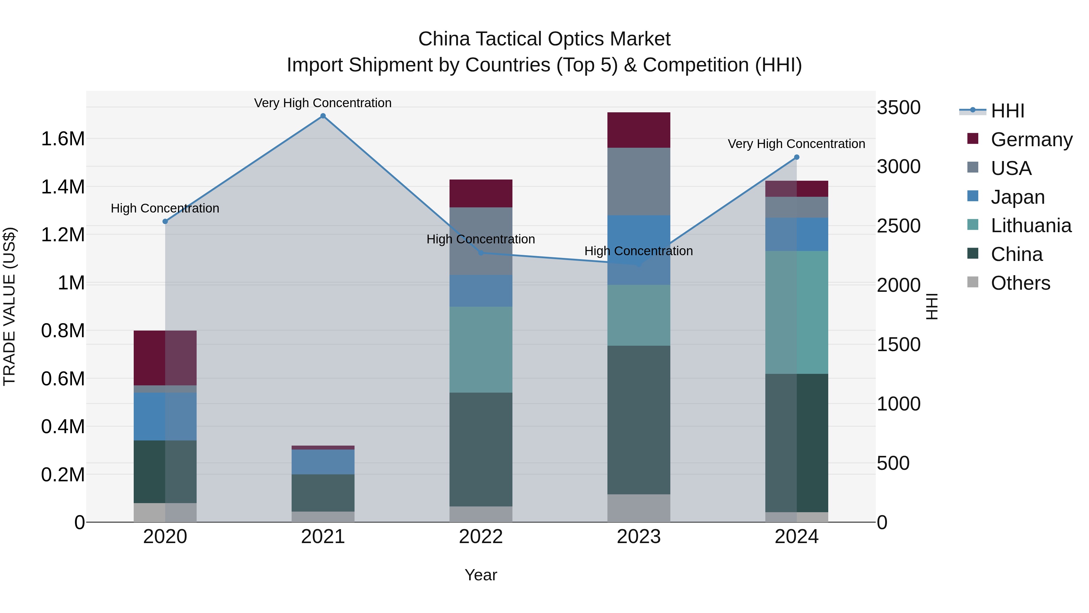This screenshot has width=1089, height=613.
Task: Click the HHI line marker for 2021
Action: (323, 116)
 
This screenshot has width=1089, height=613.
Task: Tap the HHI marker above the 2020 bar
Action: (165, 221)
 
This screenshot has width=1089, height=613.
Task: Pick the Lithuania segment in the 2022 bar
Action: (481, 349)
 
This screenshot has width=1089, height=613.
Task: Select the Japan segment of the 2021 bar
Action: (323, 462)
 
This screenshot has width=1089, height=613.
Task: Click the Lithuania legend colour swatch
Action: (973, 225)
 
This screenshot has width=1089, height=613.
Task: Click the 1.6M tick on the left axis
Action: (63, 139)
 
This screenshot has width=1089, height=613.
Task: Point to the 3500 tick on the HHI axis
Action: (898, 107)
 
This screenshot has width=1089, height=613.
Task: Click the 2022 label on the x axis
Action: (481, 537)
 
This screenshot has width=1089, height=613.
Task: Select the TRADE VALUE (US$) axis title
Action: (9, 306)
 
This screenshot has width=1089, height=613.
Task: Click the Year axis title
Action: (481, 575)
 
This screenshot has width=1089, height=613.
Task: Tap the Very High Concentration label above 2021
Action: (323, 103)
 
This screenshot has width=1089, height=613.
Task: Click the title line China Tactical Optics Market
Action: (544, 39)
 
